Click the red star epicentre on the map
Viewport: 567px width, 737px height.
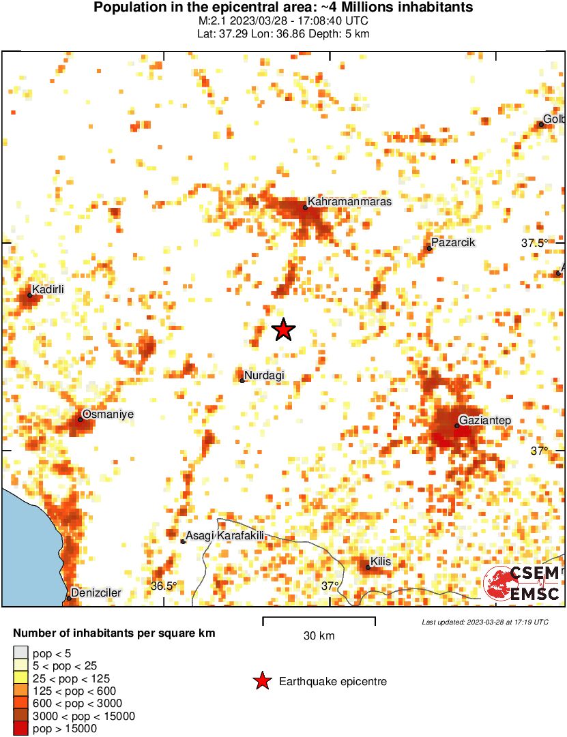point(283,330)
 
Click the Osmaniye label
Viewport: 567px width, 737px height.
point(108,414)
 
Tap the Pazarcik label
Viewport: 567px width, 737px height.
point(454,243)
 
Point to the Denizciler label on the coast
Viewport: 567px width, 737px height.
point(96,593)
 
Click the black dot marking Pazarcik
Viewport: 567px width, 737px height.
point(429,248)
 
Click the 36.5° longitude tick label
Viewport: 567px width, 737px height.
point(164,586)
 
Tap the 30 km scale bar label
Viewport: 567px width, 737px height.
point(319,636)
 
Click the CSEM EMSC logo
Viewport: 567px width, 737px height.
point(522,584)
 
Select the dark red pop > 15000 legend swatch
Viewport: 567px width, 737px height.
point(21,728)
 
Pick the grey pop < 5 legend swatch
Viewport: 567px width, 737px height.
point(21,653)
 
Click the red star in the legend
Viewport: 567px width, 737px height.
point(261,681)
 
